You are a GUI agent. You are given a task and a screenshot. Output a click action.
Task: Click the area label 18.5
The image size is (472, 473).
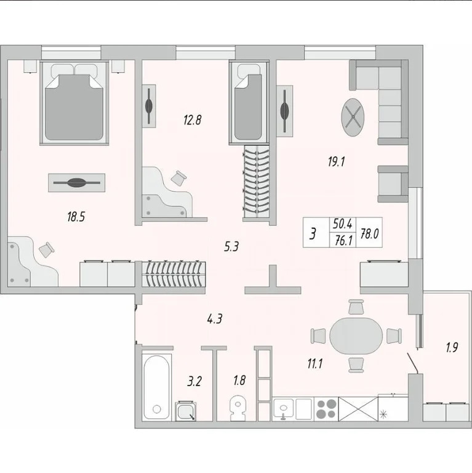76,216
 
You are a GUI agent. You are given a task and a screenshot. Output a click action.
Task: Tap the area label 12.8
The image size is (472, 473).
192,121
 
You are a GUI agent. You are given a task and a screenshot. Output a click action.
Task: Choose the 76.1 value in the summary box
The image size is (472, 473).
343,241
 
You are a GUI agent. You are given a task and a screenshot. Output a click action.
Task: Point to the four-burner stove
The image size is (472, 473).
326,408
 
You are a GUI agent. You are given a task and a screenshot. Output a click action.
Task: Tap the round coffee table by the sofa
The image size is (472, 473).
354,117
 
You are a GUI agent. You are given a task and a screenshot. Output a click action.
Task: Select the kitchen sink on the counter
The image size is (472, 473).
285,408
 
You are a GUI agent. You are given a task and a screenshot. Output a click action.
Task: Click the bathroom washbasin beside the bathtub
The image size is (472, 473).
186,411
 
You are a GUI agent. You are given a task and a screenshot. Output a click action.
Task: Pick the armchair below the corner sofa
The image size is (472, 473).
391,184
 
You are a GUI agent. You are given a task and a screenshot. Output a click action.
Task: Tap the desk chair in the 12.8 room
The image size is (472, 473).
179,178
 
